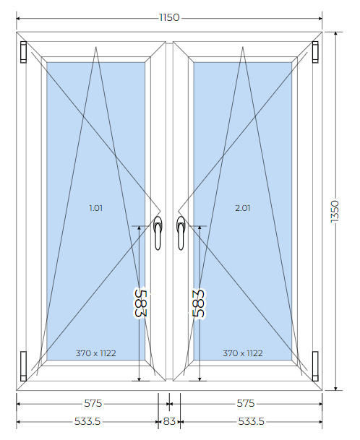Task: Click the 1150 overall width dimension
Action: (x=169, y=17)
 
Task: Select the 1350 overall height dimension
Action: (x=335, y=211)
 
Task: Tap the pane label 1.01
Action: (x=95, y=208)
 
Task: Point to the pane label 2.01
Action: (x=243, y=208)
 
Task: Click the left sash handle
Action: (x=158, y=233)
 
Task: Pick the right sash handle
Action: (x=181, y=233)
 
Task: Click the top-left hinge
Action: (x=23, y=52)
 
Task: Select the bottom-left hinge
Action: (x=23, y=366)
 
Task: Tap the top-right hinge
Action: (x=315, y=52)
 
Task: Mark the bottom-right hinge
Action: (x=315, y=366)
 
